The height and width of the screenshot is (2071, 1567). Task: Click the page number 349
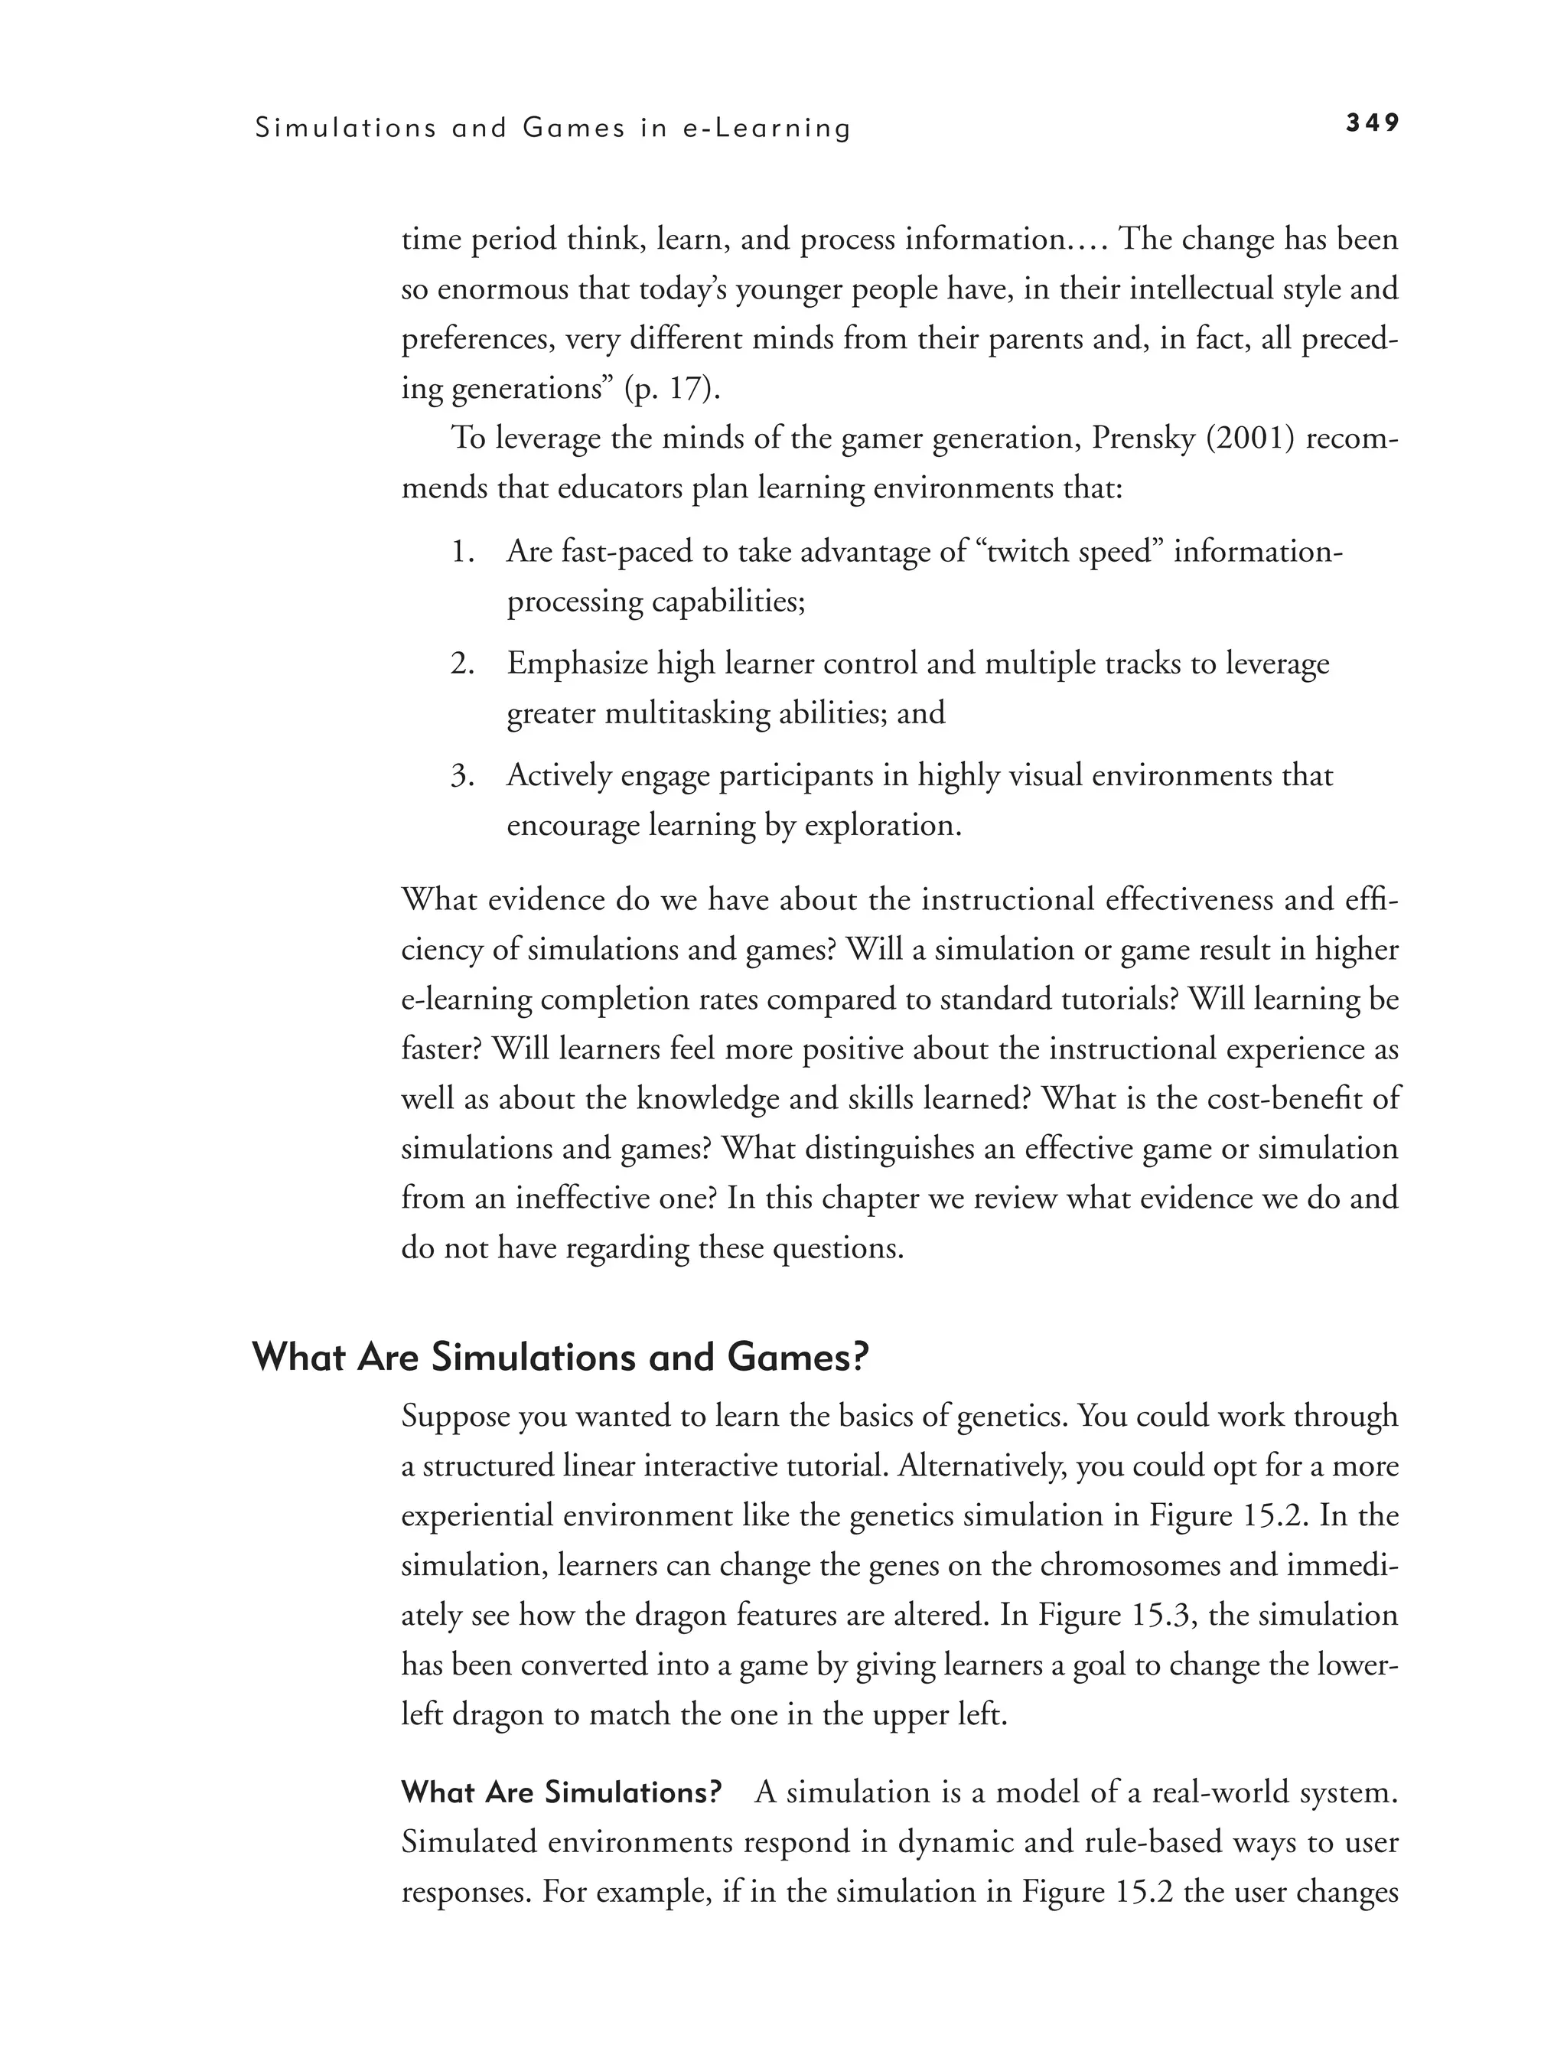(x=1373, y=122)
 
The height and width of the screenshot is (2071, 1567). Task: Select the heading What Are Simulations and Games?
(x=561, y=1357)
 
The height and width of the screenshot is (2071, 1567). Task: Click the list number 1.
(x=462, y=552)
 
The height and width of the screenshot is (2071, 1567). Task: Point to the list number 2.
(x=462, y=664)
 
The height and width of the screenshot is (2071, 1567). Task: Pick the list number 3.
(x=462, y=776)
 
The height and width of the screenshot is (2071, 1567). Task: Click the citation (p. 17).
(x=672, y=389)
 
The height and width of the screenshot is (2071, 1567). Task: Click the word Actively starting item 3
(x=557, y=776)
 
